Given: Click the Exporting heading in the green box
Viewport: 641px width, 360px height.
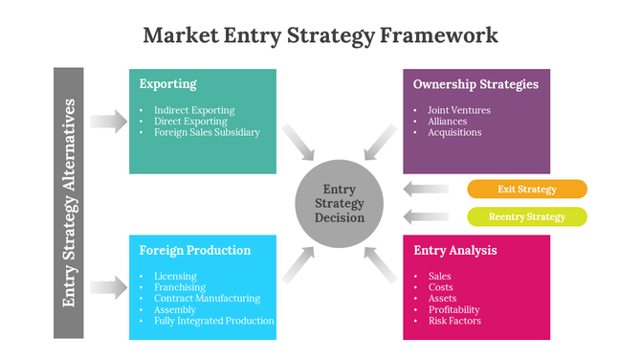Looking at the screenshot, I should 168,84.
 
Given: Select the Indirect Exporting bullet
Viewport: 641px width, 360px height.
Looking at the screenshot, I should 193,110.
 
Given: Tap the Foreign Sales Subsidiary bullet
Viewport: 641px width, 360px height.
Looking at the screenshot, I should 206,133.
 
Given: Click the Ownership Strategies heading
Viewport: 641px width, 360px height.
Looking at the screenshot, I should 475,84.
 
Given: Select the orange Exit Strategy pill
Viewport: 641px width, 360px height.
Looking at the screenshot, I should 526,189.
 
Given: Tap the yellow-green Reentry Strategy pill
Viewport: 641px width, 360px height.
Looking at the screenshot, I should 526,216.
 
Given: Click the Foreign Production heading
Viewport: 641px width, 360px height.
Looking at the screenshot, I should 195,251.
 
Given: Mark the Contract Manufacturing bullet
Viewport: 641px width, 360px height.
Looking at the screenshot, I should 207,299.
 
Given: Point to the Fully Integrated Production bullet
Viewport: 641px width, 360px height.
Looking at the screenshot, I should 213,321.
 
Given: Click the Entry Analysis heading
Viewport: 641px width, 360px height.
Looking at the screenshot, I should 455,251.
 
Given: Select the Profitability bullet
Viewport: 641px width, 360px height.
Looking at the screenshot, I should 453,309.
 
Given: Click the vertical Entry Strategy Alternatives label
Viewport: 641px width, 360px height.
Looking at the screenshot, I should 69,202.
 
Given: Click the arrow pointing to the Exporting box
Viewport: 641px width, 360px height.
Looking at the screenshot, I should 108,121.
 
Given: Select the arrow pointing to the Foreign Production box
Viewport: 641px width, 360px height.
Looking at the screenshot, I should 108,286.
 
